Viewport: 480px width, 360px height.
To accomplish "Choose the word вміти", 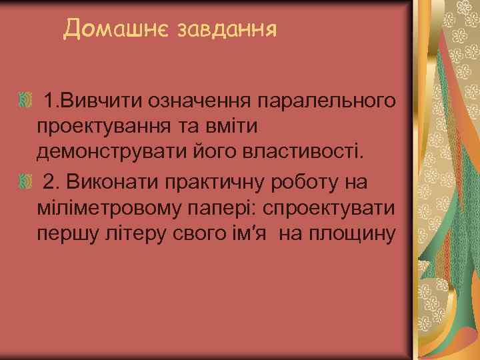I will click(x=237, y=127).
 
